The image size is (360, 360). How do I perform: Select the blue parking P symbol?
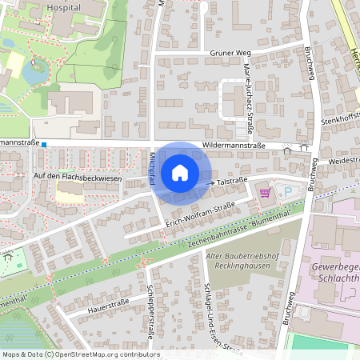pyautogui.click(x=288, y=192)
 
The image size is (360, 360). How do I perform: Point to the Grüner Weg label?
pyautogui.click(x=226, y=53)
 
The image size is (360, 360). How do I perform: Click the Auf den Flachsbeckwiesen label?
pyautogui.click(x=78, y=178)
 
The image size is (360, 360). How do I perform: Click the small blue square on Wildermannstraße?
pyautogui.click(x=44, y=145)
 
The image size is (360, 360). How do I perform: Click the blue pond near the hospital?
pyautogui.click(x=34, y=72)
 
